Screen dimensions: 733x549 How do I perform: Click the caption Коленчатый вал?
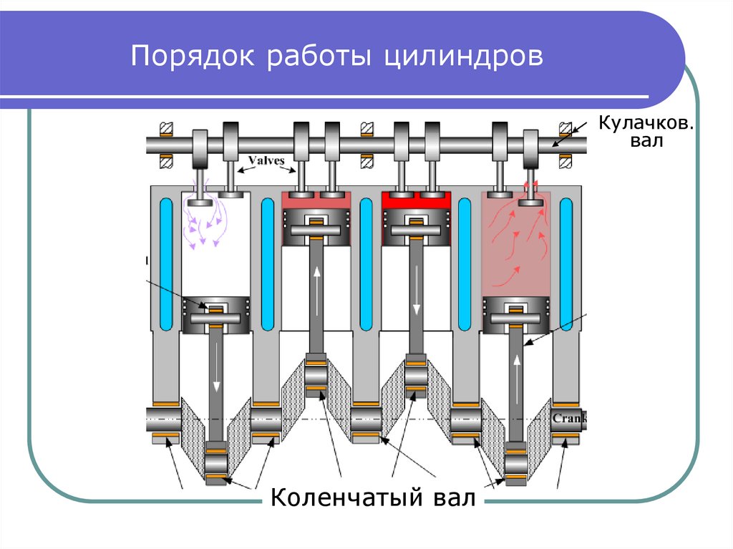pos(373,497)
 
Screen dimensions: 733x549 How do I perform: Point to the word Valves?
pos(266,160)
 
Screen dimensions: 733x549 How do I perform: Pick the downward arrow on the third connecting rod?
pos(417,301)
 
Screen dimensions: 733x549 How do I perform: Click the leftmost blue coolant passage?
pos(165,261)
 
